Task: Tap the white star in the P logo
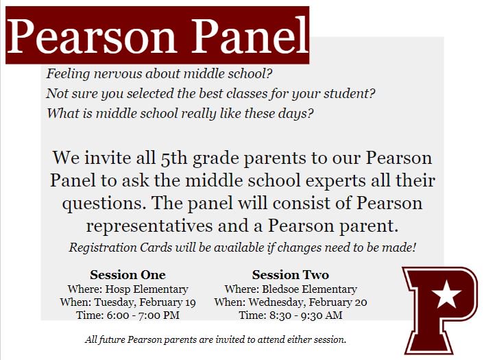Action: (x=447, y=294)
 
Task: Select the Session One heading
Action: (x=128, y=275)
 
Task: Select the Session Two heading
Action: (x=290, y=275)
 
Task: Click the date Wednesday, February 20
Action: (x=314, y=302)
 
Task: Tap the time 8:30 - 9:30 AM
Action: (x=304, y=315)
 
